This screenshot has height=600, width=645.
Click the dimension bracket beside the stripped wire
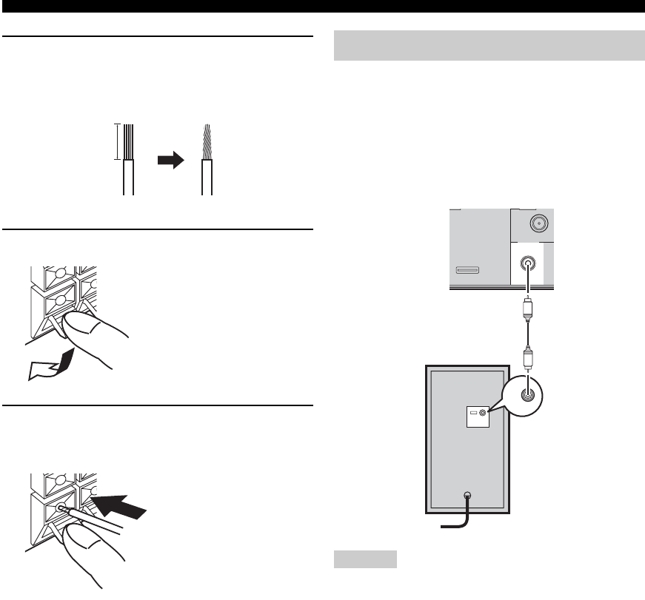(116, 141)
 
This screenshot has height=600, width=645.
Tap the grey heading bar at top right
(489, 46)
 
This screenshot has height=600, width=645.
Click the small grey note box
(364, 558)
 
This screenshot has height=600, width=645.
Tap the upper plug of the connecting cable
(527, 308)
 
